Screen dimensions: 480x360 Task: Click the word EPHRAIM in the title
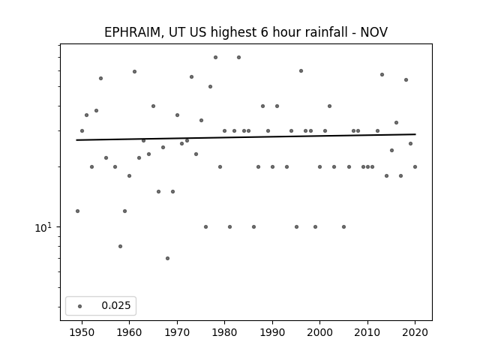[x=132, y=32]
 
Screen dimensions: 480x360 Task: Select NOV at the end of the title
[x=373, y=32]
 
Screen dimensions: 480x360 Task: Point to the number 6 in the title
[x=265, y=32]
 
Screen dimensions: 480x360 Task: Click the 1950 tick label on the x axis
[x=82, y=332]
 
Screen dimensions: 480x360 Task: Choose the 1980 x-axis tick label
[x=224, y=332]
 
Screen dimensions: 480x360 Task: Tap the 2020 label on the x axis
[x=415, y=332]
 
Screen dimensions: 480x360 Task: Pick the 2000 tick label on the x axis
[x=320, y=332]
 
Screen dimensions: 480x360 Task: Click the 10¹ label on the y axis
[x=43, y=227]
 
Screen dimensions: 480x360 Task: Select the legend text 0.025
[x=116, y=305]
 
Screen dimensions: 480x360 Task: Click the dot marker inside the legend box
[x=80, y=306]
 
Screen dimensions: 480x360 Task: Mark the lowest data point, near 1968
[x=167, y=258]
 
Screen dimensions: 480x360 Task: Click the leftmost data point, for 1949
[x=77, y=211]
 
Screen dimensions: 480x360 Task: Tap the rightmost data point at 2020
[x=415, y=166]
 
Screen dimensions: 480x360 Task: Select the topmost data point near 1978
[x=215, y=57]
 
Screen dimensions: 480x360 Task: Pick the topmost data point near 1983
[x=238, y=57]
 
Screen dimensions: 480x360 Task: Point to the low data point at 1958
[x=120, y=247]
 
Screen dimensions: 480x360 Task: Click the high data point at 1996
[x=301, y=70]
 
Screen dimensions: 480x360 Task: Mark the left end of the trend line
[x=76, y=140]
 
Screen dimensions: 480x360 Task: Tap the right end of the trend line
[x=415, y=134]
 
